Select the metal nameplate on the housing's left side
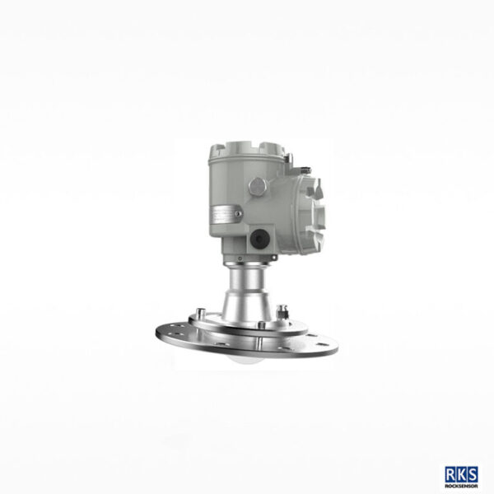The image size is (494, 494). click(225, 217)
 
